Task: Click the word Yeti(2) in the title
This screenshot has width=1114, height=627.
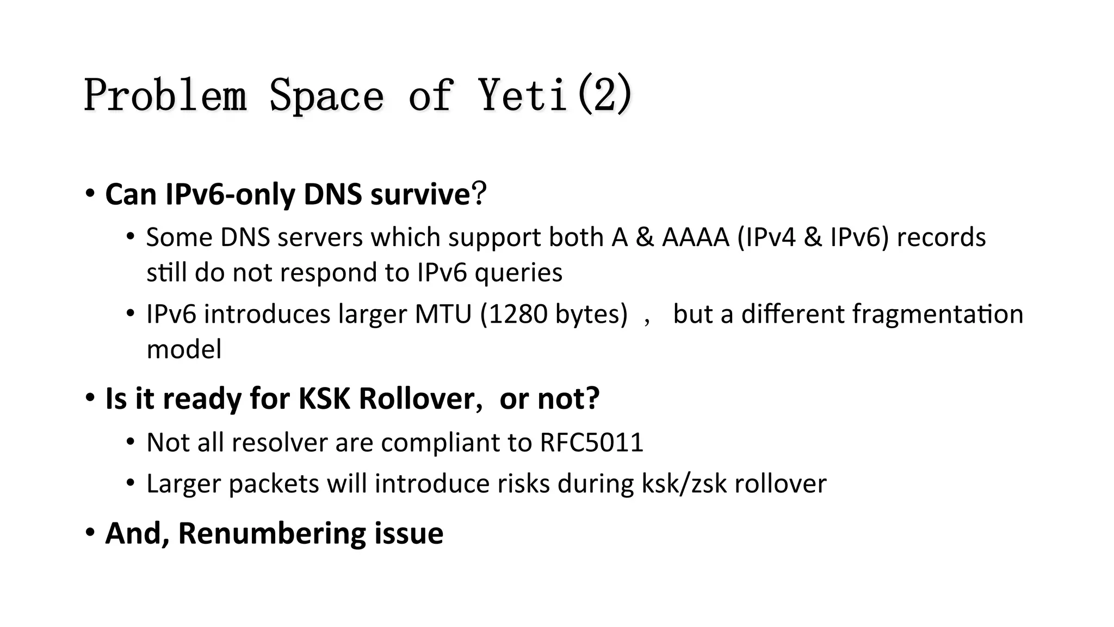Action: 555,95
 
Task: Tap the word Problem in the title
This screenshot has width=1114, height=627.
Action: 165,95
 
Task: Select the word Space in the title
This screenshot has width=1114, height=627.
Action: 327,95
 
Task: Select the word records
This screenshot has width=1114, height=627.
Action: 941,237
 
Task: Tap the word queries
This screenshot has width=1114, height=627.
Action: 518,272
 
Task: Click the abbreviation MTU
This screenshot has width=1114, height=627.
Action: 443,314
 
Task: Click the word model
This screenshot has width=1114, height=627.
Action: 184,349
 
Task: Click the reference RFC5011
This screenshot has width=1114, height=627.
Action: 591,442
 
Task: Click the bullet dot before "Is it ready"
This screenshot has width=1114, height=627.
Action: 90,398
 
